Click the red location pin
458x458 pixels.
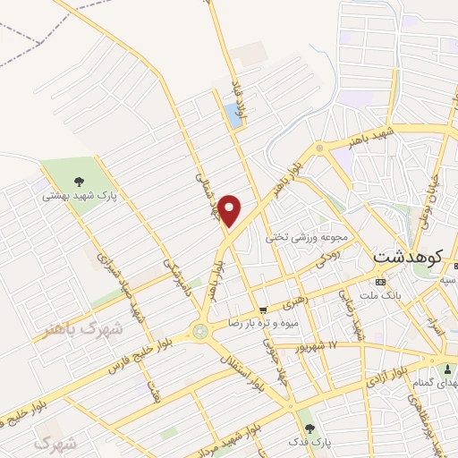231,211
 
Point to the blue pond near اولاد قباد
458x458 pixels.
233,114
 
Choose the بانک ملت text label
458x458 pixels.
394,294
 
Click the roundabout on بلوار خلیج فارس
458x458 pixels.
199,333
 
